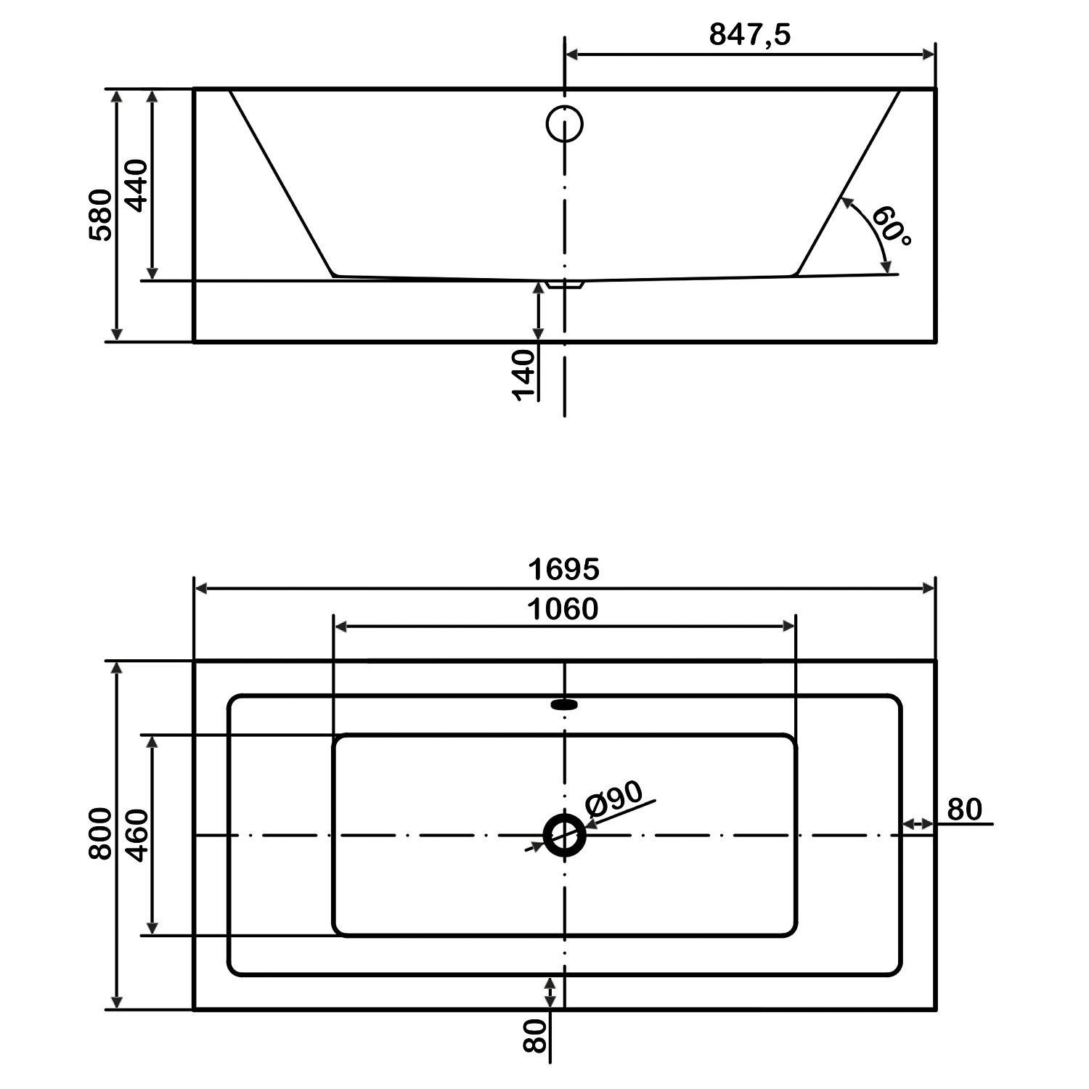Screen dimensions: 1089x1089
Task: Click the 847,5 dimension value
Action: coord(749,34)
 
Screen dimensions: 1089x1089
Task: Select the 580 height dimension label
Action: coord(101,215)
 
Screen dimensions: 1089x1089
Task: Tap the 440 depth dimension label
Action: coord(136,185)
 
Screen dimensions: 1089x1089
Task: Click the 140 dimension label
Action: coord(523,375)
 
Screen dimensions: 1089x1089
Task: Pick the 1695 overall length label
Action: coord(563,569)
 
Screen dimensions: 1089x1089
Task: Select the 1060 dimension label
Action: coord(563,609)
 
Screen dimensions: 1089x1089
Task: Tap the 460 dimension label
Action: coord(136,835)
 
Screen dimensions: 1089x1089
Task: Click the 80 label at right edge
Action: coord(965,809)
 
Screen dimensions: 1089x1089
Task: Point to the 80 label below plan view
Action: coord(534,1035)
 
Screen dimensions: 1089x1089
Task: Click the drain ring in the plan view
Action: coord(564,835)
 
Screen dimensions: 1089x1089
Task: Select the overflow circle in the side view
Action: coord(564,124)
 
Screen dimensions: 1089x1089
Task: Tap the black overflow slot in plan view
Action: coord(564,703)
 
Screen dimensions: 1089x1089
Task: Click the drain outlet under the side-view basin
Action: coord(565,285)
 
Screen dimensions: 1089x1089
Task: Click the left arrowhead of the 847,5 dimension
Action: coord(571,54)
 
